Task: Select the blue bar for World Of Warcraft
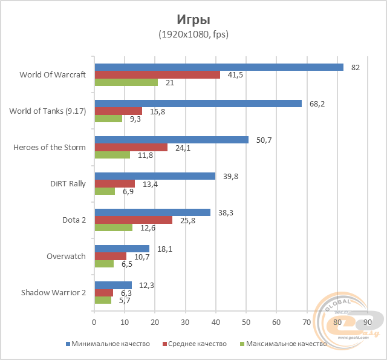[218, 67]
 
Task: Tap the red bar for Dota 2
[133, 220]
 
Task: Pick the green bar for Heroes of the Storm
[112, 155]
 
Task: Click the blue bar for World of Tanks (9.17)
[198, 103]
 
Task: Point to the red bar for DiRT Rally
[114, 184]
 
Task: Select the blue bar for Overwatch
[122, 249]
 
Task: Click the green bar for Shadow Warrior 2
[103, 300]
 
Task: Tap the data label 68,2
[317, 103]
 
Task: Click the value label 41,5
[235, 75]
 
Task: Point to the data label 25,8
[187, 220]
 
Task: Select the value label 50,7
[264, 140]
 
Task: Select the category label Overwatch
[66, 257]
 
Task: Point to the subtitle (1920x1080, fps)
[193, 34]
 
